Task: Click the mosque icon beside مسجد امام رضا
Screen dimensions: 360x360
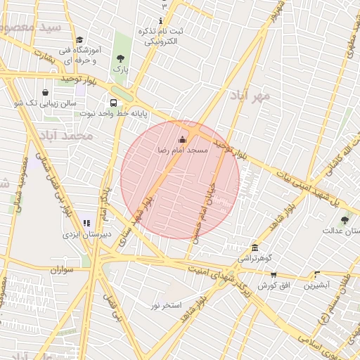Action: point(184,139)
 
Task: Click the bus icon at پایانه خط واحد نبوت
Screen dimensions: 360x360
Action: point(114,103)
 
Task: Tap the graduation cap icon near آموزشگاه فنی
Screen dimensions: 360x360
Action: point(79,41)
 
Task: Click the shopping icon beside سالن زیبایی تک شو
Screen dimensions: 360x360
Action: point(46,92)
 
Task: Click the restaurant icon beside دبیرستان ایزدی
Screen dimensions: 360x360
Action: point(86,223)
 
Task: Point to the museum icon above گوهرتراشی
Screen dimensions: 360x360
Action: point(254,248)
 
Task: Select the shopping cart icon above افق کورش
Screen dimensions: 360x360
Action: point(274,275)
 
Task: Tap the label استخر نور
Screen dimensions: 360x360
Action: point(166,305)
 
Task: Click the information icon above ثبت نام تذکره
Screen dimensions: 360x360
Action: point(160,20)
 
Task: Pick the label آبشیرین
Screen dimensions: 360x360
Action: point(316,285)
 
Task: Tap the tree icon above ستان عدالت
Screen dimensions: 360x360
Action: point(345,220)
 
